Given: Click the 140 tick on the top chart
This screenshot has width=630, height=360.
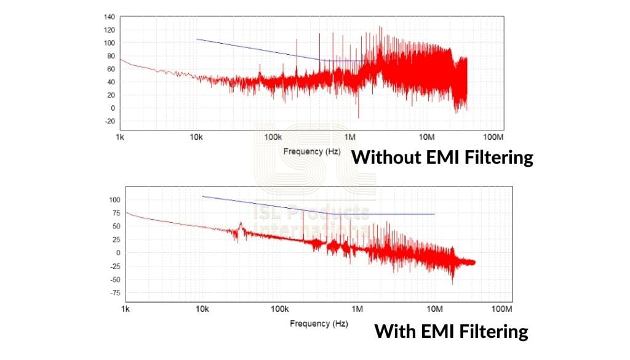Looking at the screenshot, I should pos(110,17).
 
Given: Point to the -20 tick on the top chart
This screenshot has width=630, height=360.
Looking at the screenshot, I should pos(109,121).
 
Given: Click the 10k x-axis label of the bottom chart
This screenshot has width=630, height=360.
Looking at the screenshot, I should pos(202,308).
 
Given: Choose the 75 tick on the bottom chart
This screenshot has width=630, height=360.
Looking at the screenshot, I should pos(114,213).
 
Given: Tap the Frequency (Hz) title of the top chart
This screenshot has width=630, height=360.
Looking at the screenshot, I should pos(311,151).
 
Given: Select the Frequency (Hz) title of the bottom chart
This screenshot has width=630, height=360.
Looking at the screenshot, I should pos(319,324).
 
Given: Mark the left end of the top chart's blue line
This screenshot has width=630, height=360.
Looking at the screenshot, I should pos(196,39).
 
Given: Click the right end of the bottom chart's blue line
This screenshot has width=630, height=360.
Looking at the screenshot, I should pos(435,214).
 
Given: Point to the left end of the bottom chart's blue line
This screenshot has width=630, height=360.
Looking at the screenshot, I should pos(203,196).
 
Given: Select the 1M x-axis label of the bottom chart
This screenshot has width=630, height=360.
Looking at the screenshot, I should pos(357,308).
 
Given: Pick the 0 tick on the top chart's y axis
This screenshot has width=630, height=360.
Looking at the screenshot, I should pos(112,108).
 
